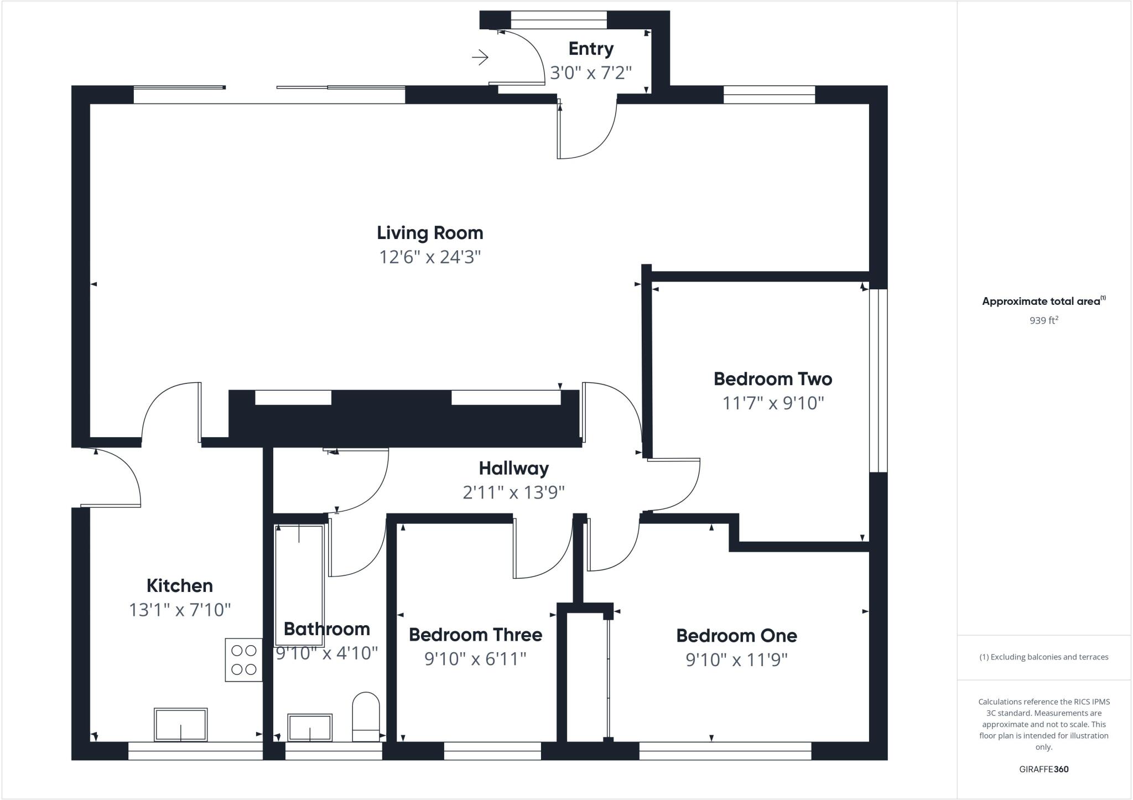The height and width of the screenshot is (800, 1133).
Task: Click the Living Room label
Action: point(430,233)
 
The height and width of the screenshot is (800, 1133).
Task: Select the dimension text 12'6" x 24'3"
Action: point(430,257)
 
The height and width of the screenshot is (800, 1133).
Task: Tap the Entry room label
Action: point(591,49)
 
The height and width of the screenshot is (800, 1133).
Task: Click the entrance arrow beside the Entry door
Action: point(480,57)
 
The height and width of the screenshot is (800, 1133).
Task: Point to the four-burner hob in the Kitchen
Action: point(243,660)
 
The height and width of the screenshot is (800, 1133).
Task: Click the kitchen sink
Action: point(180,724)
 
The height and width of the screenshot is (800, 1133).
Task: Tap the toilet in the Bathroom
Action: point(366,716)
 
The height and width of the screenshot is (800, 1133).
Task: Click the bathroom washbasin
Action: point(310,727)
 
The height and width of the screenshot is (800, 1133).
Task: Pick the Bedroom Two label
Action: point(773,379)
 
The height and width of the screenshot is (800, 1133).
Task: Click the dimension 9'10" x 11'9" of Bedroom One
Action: point(736,660)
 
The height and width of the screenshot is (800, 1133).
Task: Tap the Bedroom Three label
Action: point(475,635)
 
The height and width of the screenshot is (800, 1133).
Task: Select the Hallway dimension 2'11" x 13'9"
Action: point(513,492)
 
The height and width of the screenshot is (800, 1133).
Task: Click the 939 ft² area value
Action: point(1043,320)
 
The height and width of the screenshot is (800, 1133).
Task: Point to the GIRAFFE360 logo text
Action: point(1043,769)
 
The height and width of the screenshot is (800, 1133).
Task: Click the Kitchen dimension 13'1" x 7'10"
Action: point(180,610)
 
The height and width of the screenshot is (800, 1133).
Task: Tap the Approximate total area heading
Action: point(1042,302)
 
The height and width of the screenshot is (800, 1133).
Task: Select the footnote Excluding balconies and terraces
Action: point(1043,657)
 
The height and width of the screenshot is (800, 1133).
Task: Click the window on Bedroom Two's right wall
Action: point(878,381)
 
